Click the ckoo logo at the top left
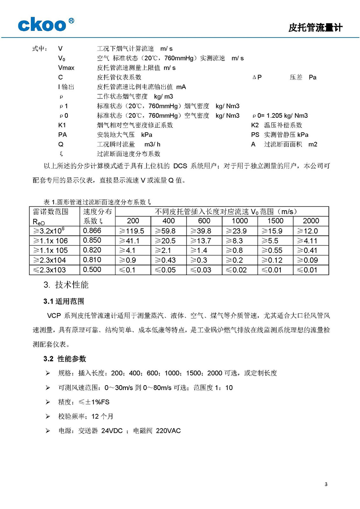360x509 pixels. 45,25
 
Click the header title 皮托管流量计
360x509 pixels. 315,28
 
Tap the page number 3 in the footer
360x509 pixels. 326,484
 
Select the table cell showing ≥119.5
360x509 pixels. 132,231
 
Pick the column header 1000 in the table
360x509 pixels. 239,221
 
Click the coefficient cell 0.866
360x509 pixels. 92,231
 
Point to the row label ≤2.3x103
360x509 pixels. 50,270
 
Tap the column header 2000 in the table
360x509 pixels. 311,221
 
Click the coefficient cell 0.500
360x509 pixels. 92,270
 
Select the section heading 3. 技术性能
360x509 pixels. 66,285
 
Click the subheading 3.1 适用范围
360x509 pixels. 64,301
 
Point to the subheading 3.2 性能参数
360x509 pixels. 64,359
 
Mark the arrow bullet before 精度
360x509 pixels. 48,402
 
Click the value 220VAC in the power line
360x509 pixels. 168,431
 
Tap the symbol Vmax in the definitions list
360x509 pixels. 66,68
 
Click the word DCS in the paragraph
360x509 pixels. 180,166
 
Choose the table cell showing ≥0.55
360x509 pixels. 272,250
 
